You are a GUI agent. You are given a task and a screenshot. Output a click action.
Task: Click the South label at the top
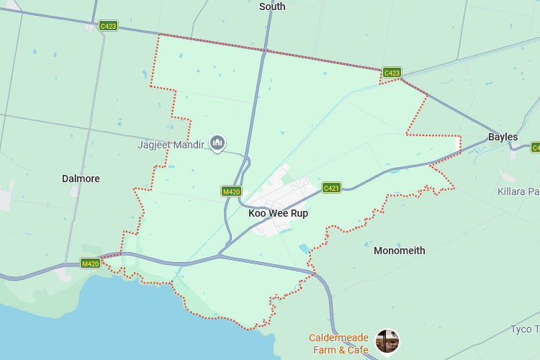click(x=272, y=6)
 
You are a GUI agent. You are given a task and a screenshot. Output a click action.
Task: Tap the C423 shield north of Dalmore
click(x=108, y=26)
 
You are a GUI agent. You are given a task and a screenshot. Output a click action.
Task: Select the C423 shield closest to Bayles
click(x=392, y=73)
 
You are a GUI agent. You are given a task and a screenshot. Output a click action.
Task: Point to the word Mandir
click(x=189, y=145)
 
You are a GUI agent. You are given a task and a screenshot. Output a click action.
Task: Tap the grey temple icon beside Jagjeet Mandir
click(x=217, y=143)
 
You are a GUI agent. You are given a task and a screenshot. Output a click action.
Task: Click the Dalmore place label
click(x=81, y=179)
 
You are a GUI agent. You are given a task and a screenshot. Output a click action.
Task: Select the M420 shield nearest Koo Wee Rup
click(x=231, y=192)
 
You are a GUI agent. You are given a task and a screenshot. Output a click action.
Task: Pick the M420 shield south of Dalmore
click(x=90, y=264)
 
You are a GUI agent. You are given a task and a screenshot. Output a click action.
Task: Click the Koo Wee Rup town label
click(x=278, y=213)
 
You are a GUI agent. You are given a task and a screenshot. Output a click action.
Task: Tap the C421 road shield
click(x=331, y=188)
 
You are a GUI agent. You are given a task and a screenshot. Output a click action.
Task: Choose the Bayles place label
click(x=503, y=137)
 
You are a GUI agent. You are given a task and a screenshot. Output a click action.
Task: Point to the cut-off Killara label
click(x=518, y=192)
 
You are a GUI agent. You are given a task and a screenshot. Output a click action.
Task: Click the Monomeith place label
click(x=399, y=251)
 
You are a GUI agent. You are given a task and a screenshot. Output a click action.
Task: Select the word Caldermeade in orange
click(x=338, y=338)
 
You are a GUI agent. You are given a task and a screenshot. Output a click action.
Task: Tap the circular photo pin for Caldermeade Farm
click(x=387, y=341)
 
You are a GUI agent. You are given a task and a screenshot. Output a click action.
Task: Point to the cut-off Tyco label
click(x=525, y=330)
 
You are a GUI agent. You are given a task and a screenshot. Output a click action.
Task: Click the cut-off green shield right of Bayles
click(x=536, y=147)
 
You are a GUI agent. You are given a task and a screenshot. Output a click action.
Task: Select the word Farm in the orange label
click(x=323, y=350)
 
